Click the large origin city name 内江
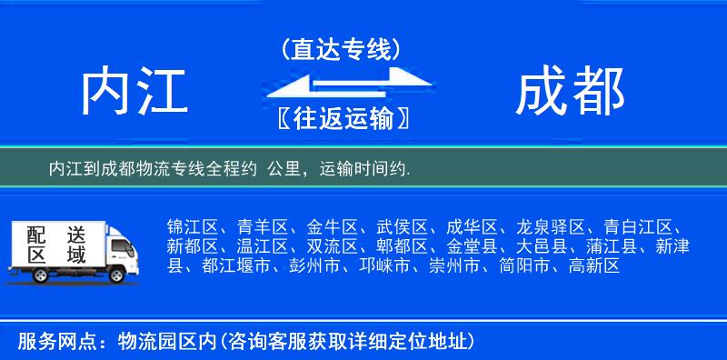point(134,93)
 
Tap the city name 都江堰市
point(238,266)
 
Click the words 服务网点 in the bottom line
point(45,342)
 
